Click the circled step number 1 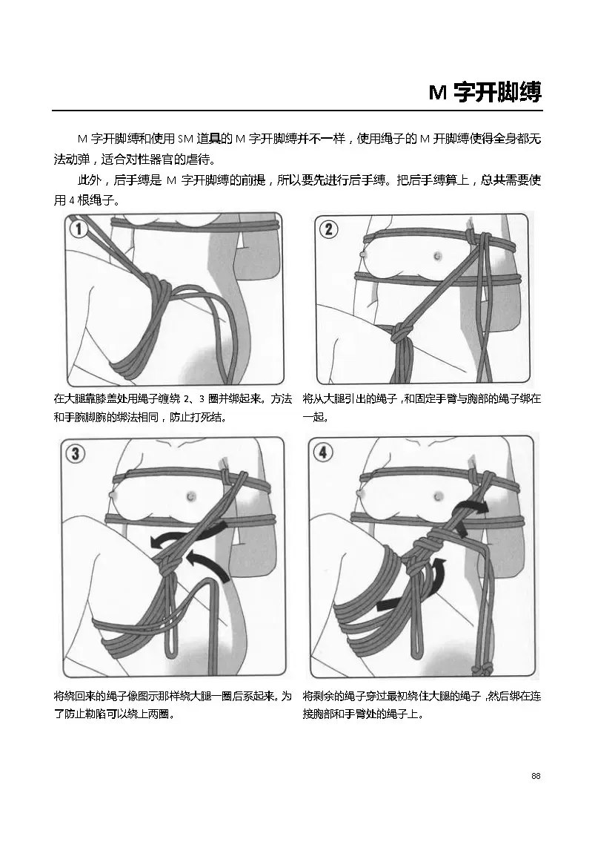pyautogui.click(x=79, y=229)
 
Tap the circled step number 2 pyautogui.click(x=328, y=229)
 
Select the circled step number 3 pyautogui.click(x=75, y=454)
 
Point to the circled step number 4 pyautogui.click(x=322, y=453)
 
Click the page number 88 pyautogui.click(x=536, y=776)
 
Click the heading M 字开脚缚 pyautogui.click(x=485, y=93)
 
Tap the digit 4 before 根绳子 pyautogui.click(x=71, y=201)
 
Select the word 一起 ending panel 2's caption pyautogui.click(x=314, y=416)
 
